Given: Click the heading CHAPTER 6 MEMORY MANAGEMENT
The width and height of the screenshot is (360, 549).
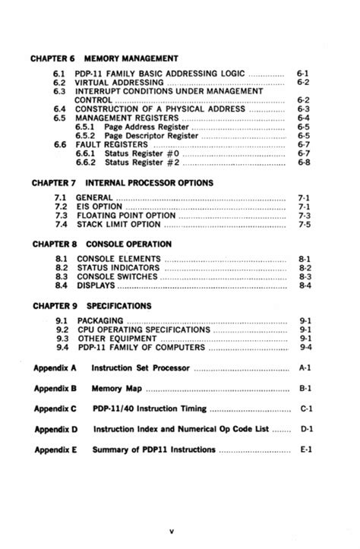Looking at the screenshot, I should [x=104, y=58].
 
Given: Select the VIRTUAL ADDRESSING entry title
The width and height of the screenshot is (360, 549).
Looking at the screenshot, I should [x=118, y=81].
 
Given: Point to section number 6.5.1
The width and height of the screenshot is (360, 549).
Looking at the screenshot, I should [x=85, y=127].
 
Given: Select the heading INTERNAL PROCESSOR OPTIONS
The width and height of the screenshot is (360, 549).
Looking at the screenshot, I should [x=149, y=183].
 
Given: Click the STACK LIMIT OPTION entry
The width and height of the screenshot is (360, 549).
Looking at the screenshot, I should [x=118, y=225].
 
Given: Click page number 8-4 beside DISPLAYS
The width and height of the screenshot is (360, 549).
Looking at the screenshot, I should [x=304, y=286].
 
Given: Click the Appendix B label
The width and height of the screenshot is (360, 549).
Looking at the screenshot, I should [x=55, y=388].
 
